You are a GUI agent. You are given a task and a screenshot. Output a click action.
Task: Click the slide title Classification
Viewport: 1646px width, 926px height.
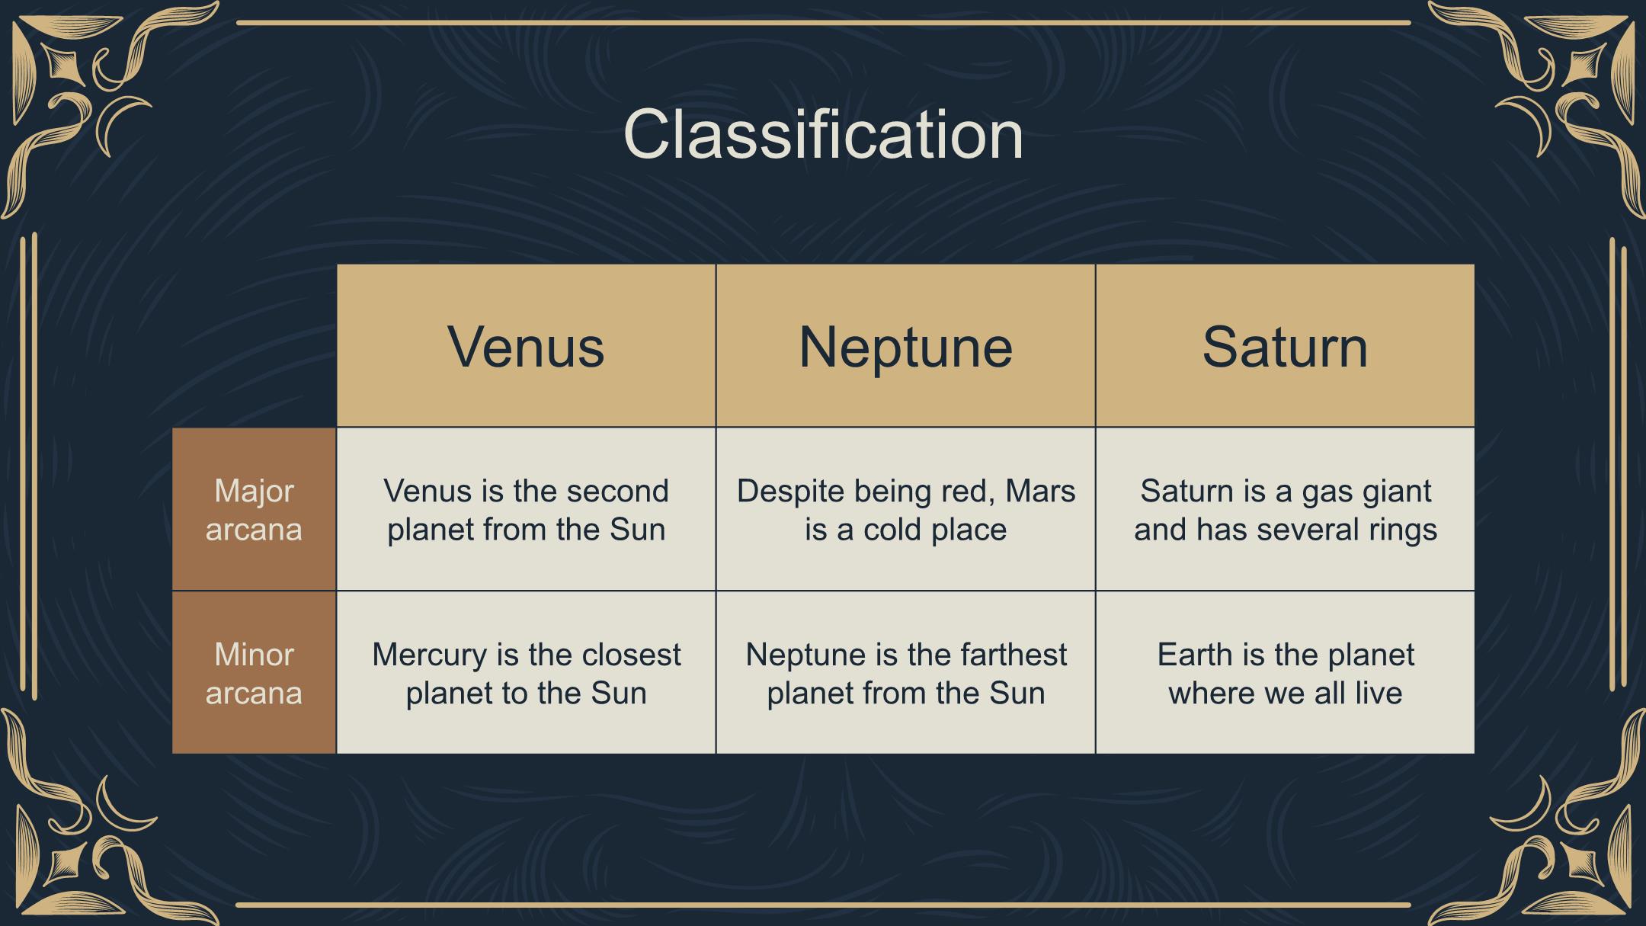tap(823, 134)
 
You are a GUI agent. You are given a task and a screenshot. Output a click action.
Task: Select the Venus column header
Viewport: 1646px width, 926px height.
tap(526, 346)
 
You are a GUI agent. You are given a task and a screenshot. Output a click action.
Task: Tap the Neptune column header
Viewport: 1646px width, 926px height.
tap(905, 346)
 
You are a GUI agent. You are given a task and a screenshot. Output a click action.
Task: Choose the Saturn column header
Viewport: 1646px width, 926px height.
tap(1285, 346)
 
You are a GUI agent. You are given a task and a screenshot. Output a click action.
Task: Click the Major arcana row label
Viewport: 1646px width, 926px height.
tap(254, 509)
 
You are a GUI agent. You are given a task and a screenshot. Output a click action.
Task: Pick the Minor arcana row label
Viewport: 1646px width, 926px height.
tap(254, 673)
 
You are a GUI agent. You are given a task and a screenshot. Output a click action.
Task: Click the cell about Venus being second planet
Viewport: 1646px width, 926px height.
tap(526, 509)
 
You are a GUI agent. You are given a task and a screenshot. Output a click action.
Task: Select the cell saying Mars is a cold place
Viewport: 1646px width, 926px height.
tap(905, 509)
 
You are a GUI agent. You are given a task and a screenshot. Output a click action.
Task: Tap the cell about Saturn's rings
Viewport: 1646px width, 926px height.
tap(1285, 509)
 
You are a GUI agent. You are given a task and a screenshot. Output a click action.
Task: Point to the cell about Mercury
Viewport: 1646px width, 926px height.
tap(526, 673)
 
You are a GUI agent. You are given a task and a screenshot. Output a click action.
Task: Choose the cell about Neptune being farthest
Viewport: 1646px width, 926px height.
tap(905, 673)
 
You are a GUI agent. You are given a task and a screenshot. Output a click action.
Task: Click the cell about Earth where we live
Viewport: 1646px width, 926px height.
tap(1285, 673)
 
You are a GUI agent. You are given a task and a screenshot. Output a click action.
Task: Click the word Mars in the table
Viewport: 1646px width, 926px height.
tap(1040, 491)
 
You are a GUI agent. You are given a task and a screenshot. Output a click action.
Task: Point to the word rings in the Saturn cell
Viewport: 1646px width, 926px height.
tap(1401, 530)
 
